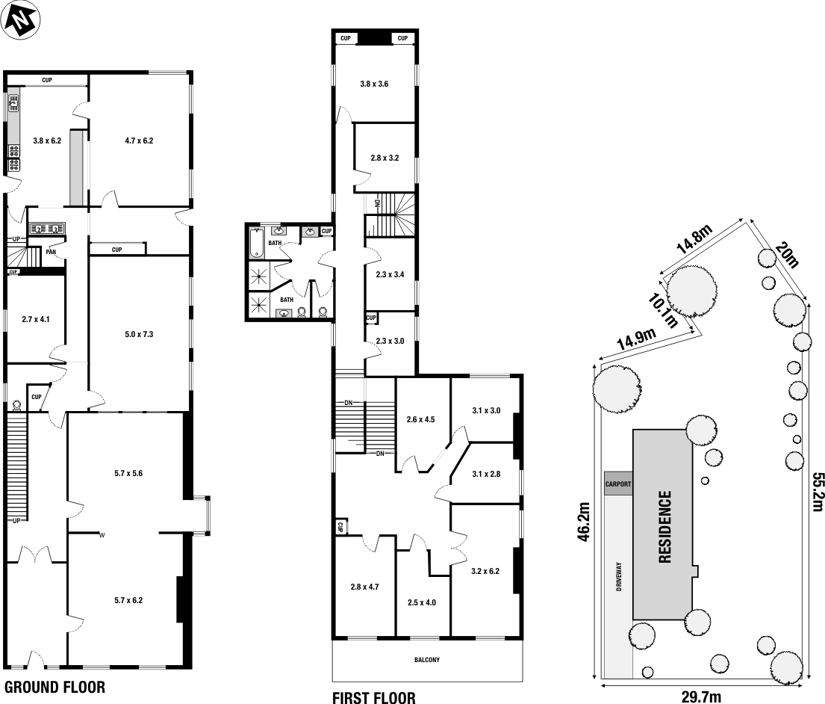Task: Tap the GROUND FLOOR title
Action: coord(55,687)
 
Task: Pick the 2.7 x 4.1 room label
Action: coord(36,319)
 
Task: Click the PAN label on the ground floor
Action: coord(51,252)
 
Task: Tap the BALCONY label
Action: coord(427,660)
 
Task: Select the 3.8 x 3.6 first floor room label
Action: coord(374,84)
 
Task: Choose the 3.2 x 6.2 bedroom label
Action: coord(485,572)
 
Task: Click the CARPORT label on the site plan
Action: coord(618,484)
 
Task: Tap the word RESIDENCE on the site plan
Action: coord(664,526)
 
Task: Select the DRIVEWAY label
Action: coord(620,578)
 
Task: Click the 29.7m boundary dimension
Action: coord(701,697)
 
